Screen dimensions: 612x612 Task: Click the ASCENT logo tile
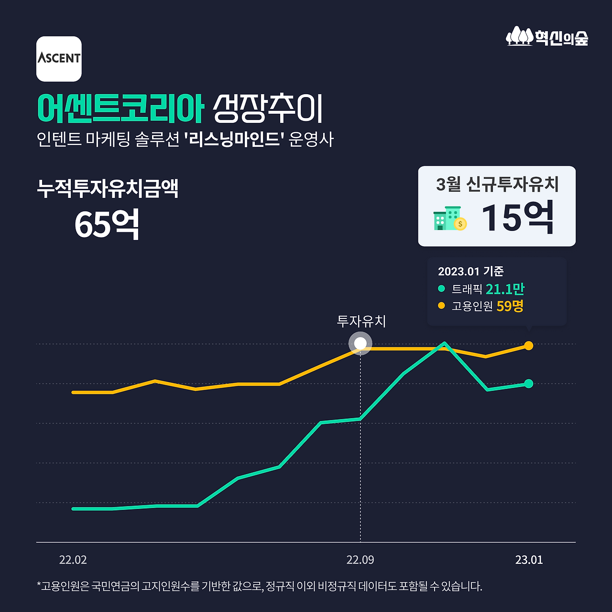coord(59,59)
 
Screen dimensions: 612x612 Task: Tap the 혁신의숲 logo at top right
coord(547,37)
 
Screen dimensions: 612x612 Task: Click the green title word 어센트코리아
coord(120,109)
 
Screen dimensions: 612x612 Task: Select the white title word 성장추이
coord(268,109)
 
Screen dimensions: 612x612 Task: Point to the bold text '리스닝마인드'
coord(234,140)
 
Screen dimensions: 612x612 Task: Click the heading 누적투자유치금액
coord(108,188)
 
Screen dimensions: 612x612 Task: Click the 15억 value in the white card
coord(517,218)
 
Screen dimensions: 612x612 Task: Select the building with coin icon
coord(449,219)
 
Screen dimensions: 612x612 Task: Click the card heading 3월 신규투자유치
coord(497,184)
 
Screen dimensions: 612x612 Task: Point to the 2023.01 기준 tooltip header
coord(470,272)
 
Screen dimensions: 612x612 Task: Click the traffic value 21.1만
coord(505,289)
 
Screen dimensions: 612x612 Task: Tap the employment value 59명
coord(510,306)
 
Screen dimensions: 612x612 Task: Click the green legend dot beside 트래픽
coord(441,289)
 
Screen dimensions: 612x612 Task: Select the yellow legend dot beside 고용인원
coord(441,306)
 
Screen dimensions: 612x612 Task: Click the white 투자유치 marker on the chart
coord(361,343)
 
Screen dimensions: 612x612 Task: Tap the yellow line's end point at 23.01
coord(528,345)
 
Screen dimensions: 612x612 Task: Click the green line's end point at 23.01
coord(528,383)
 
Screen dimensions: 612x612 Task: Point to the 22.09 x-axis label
coord(361,560)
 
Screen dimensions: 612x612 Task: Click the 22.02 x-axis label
coord(73,560)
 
